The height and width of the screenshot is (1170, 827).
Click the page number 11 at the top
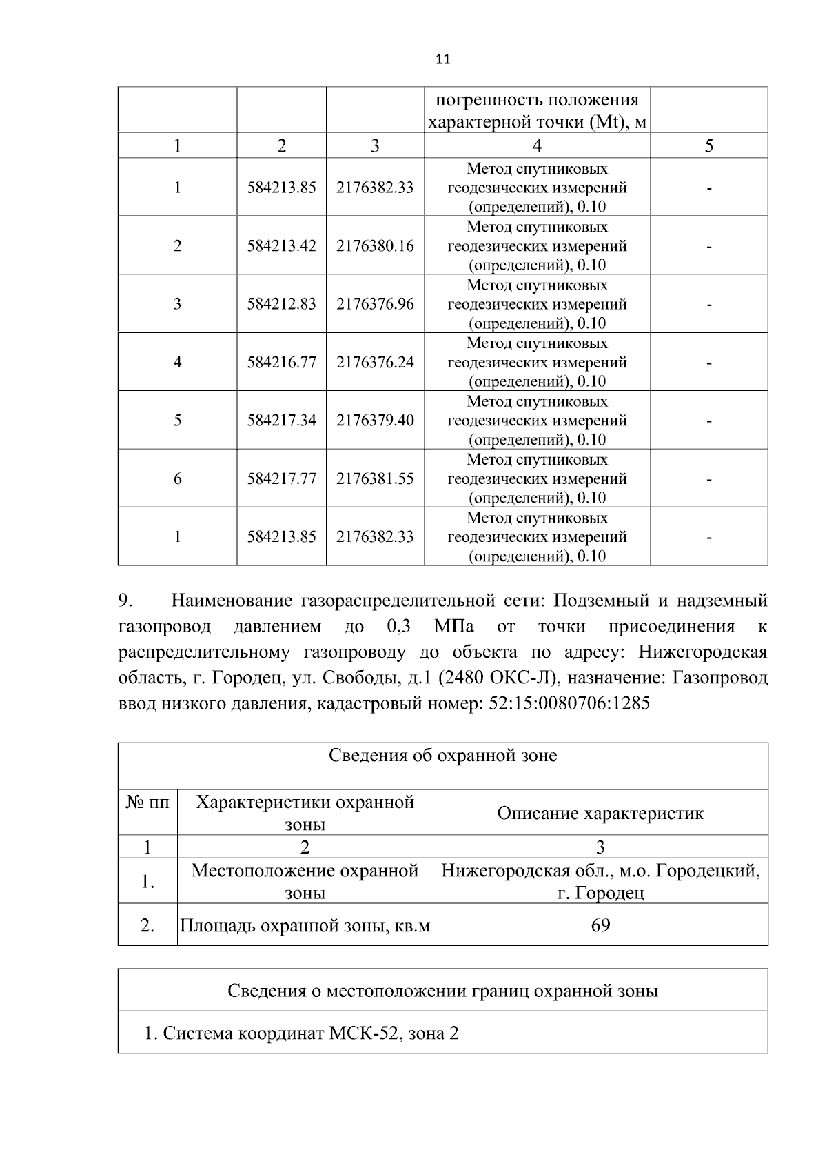click(443, 59)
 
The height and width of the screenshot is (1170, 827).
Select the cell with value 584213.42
click(281, 245)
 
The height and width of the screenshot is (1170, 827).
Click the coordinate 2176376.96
click(375, 304)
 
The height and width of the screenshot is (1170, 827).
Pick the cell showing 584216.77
click(281, 362)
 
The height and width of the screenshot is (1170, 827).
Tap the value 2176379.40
click(375, 420)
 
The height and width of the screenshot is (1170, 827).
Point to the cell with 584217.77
click(281, 478)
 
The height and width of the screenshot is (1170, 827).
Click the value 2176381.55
click(375, 478)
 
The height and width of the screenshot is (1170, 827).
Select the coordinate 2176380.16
click(375, 245)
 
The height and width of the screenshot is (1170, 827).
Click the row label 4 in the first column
click(177, 362)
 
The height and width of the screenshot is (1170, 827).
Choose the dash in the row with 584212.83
click(708, 304)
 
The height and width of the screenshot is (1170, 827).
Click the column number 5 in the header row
click(708, 145)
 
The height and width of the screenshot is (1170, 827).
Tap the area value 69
click(600, 925)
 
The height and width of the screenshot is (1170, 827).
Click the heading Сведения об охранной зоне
click(442, 756)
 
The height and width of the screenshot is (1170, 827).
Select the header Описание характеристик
click(600, 813)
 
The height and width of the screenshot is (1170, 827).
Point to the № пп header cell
click(147, 802)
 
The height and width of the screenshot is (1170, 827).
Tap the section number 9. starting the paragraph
click(125, 601)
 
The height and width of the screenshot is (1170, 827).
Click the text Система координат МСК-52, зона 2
click(302, 1033)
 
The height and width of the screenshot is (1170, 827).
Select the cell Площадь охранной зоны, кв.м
click(305, 925)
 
